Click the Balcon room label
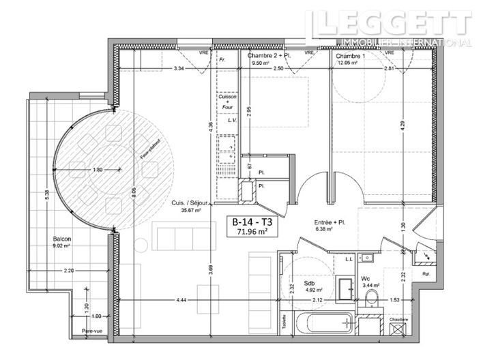click(x=63, y=240)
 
